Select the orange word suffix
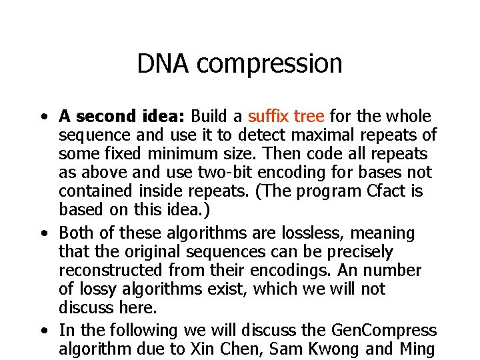coord(268,117)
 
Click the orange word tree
coord(310,117)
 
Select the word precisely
coord(361,252)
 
